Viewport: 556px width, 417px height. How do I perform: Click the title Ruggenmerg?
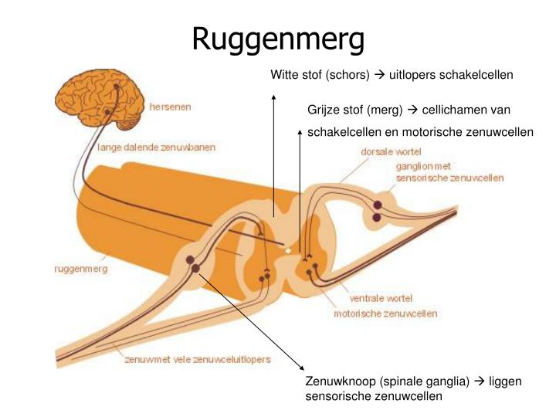[278, 39]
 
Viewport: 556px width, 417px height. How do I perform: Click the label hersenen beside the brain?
[170, 107]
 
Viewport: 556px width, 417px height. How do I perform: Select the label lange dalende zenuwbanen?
[156, 147]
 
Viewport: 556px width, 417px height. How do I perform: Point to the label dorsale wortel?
[391, 152]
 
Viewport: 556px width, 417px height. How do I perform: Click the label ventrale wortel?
[381, 298]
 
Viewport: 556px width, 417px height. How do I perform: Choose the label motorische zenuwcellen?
[385, 314]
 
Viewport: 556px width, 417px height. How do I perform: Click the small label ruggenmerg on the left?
[81, 270]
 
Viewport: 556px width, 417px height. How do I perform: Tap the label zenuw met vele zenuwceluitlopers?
[198, 360]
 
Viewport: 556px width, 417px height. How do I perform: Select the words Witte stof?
[297, 75]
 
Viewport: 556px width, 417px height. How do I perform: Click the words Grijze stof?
[334, 110]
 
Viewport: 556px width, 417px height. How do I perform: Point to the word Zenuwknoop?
[341, 381]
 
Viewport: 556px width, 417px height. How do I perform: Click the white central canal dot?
[288, 251]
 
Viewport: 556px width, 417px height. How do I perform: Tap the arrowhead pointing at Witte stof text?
[273, 97]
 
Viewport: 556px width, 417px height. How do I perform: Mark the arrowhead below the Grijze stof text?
[300, 133]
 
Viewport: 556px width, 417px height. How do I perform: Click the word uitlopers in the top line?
[412, 75]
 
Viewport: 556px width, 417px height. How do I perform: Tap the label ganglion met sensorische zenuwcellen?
[449, 172]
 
